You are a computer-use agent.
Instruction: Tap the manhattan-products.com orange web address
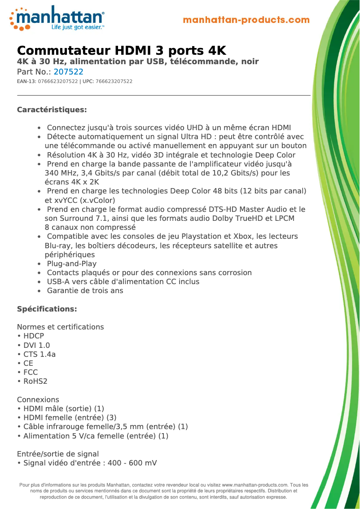(x=246, y=20)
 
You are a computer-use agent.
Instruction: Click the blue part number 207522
(x=69, y=72)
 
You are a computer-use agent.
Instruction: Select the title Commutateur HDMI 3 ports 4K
(x=121, y=50)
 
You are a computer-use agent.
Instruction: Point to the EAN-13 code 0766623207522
(x=58, y=81)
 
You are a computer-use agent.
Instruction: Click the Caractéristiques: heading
(x=52, y=110)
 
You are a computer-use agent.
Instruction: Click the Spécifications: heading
(x=47, y=309)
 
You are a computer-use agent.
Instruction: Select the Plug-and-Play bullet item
(x=72, y=263)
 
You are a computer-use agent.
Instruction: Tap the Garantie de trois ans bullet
(x=85, y=290)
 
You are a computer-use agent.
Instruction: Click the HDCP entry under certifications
(x=34, y=336)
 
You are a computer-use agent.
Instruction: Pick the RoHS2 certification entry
(x=35, y=381)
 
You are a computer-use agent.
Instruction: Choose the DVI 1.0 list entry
(x=36, y=345)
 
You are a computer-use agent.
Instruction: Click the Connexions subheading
(x=38, y=399)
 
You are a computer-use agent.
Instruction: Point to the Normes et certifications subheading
(x=60, y=327)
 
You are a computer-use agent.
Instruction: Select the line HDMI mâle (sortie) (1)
(x=64, y=408)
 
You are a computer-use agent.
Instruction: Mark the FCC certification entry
(x=31, y=372)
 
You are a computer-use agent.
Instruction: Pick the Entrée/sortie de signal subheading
(x=58, y=454)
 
